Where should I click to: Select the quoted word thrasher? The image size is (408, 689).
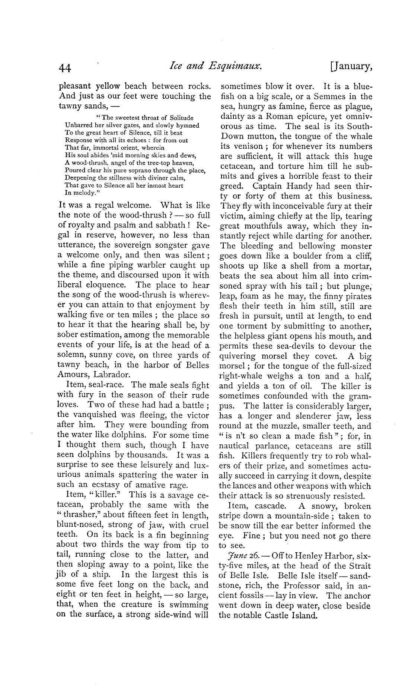click(82, 515)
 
